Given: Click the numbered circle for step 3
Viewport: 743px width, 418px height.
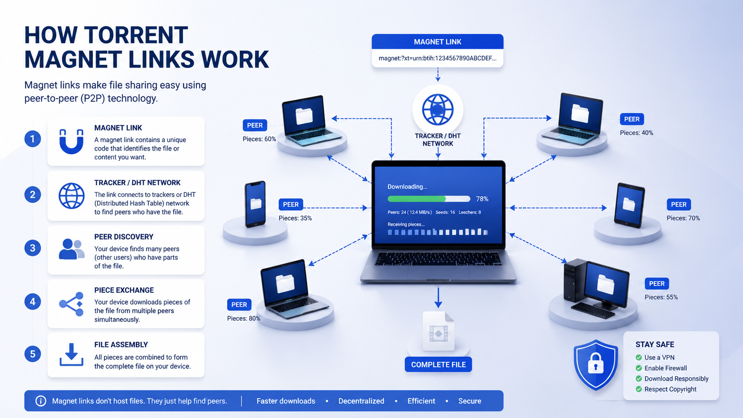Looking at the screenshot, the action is (x=32, y=248).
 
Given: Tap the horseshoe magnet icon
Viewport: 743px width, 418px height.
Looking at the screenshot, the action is (x=71, y=142).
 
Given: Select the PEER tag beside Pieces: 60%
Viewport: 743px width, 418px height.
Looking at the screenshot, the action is (x=255, y=125).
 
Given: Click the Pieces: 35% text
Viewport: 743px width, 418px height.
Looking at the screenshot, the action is (x=295, y=218).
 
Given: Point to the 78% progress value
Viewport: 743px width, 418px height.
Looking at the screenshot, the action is (x=482, y=199).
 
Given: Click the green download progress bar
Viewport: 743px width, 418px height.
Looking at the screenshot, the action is (x=417, y=199).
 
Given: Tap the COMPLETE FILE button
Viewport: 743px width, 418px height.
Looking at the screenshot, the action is (x=438, y=365).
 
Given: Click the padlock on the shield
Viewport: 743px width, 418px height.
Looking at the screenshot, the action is (x=596, y=364).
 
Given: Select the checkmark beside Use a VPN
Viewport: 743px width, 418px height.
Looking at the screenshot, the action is (x=639, y=357).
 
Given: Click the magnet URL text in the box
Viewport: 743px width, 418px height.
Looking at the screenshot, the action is (x=438, y=58).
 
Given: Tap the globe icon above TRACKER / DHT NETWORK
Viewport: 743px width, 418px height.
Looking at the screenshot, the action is (x=438, y=110).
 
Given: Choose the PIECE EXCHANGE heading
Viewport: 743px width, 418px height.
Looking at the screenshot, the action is (x=124, y=290).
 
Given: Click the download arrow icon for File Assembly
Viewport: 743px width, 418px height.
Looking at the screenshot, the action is (x=71, y=354).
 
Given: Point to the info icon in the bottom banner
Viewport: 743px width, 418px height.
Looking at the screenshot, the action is (x=41, y=401).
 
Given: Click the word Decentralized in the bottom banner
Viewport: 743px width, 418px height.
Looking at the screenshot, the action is (x=361, y=401).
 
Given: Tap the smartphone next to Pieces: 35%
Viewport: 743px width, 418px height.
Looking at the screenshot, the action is (x=255, y=204).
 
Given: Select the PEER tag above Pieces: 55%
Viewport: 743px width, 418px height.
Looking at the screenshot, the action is (x=657, y=283).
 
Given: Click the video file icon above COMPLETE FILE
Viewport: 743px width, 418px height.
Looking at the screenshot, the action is (x=438, y=331).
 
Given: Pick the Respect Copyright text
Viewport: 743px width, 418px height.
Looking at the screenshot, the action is (x=671, y=389).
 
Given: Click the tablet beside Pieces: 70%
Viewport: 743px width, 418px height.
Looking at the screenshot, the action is (x=629, y=206).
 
